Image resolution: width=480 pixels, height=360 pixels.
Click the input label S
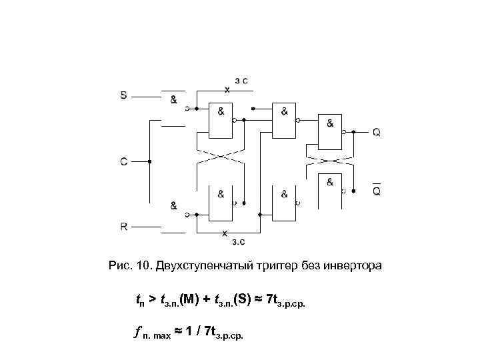123,95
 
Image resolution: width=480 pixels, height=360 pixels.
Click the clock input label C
123,161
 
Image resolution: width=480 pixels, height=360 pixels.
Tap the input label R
123,226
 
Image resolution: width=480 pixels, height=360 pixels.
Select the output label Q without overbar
377,133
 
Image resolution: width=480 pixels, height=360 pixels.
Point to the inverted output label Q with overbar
377,191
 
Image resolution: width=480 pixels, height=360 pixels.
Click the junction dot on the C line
151,161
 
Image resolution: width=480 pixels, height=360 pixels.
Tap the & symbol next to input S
173,99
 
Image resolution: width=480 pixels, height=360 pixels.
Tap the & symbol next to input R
173,205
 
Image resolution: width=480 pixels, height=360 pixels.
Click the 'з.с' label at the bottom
239,241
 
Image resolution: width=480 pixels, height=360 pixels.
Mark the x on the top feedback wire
227,89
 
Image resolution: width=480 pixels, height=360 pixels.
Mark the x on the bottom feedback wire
225,233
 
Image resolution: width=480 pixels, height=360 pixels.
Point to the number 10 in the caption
141,267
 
